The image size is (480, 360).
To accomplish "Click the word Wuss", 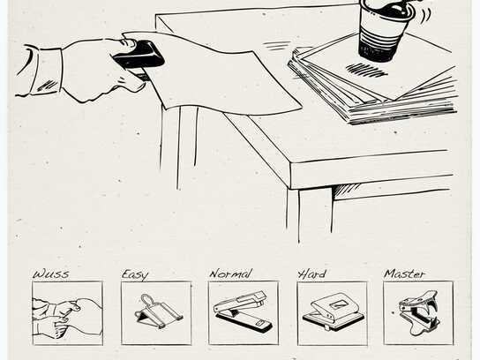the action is [x=51, y=274].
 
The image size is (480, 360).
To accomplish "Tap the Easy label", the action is [x=135, y=274].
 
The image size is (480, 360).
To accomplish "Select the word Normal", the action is [x=230, y=274].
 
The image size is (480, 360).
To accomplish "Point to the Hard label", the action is [x=312, y=274].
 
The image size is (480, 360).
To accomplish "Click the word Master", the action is [x=404, y=274].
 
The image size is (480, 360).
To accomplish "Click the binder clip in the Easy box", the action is [x=158, y=311].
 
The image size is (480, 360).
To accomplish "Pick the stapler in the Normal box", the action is [x=244, y=311].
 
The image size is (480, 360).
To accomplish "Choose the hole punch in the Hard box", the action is [x=333, y=311].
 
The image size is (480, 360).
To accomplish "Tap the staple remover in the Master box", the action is [x=419, y=312].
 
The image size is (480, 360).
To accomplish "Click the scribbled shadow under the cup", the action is [x=366, y=70].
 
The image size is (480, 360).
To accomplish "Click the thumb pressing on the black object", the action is [x=130, y=43].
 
